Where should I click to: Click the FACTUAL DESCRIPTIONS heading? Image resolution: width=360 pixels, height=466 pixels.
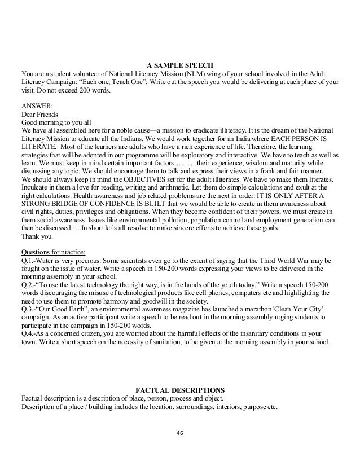coord(180,390)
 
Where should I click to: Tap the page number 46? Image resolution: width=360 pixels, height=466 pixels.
coord(180,433)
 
